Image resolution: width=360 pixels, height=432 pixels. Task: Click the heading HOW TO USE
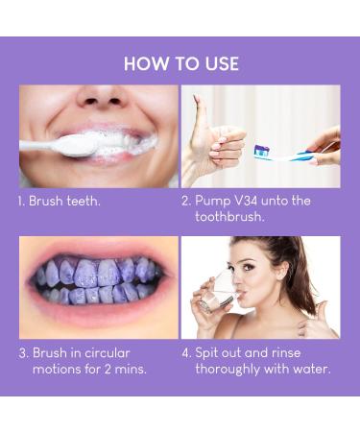pyautogui.click(x=180, y=64)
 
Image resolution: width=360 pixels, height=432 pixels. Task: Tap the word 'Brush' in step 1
pyautogui.click(x=47, y=202)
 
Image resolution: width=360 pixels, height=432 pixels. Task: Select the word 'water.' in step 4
pyautogui.click(x=309, y=369)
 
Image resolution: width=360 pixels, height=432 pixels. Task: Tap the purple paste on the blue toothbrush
pyautogui.click(x=261, y=150)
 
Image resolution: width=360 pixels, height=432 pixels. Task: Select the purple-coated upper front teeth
pyautogui.click(x=99, y=273)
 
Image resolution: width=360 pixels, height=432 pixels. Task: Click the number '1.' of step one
pyautogui.click(x=21, y=202)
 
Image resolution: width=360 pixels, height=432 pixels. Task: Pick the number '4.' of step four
pyautogui.click(x=186, y=352)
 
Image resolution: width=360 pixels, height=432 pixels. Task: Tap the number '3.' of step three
pyautogui.click(x=22, y=352)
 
